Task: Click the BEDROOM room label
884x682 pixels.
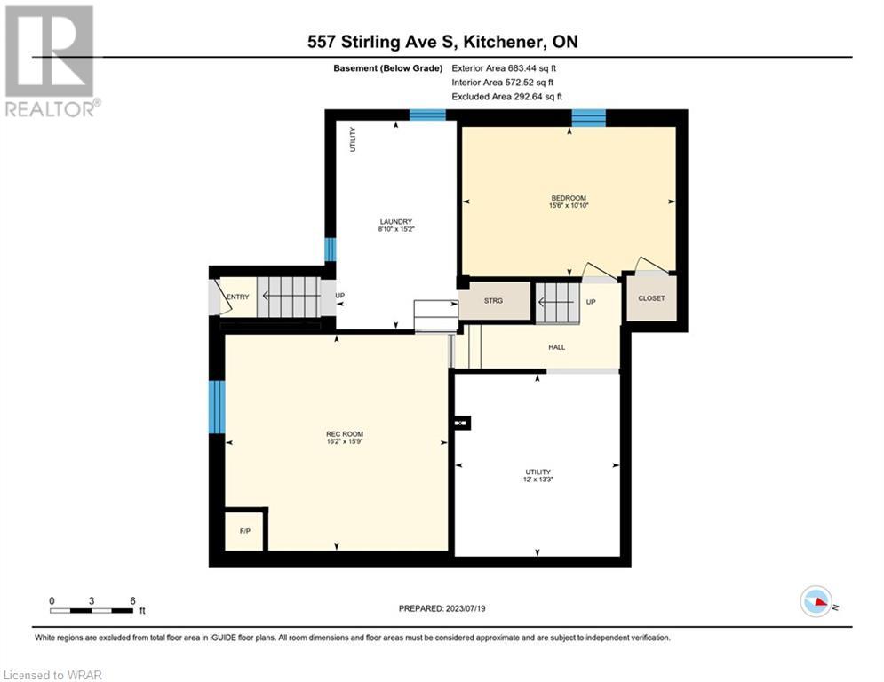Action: (569, 198)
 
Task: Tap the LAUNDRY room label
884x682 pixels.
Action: (395, 221)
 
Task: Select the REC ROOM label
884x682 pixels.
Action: (345, 434)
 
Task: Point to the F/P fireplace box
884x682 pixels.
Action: (244, 531)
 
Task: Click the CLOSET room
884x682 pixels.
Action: (651, 298)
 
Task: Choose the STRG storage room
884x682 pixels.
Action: (494, 300)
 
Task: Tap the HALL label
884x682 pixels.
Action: (556, 347)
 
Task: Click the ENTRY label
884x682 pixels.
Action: (238, 297)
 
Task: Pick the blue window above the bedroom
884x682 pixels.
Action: (588, 118)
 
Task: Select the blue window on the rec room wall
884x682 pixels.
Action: (217, 407)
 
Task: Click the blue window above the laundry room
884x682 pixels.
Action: (427, 115)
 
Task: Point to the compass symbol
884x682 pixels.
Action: (816, 601)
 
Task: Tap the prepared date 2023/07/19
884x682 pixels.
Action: (466, 608)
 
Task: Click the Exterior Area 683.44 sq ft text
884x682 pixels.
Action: (504, 68)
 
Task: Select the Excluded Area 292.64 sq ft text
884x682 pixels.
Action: (506, 97)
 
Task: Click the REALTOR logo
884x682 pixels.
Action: (51, 61)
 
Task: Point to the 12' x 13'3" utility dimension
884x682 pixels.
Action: (538, 480)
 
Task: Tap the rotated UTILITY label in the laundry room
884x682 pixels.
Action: (353, 139)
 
